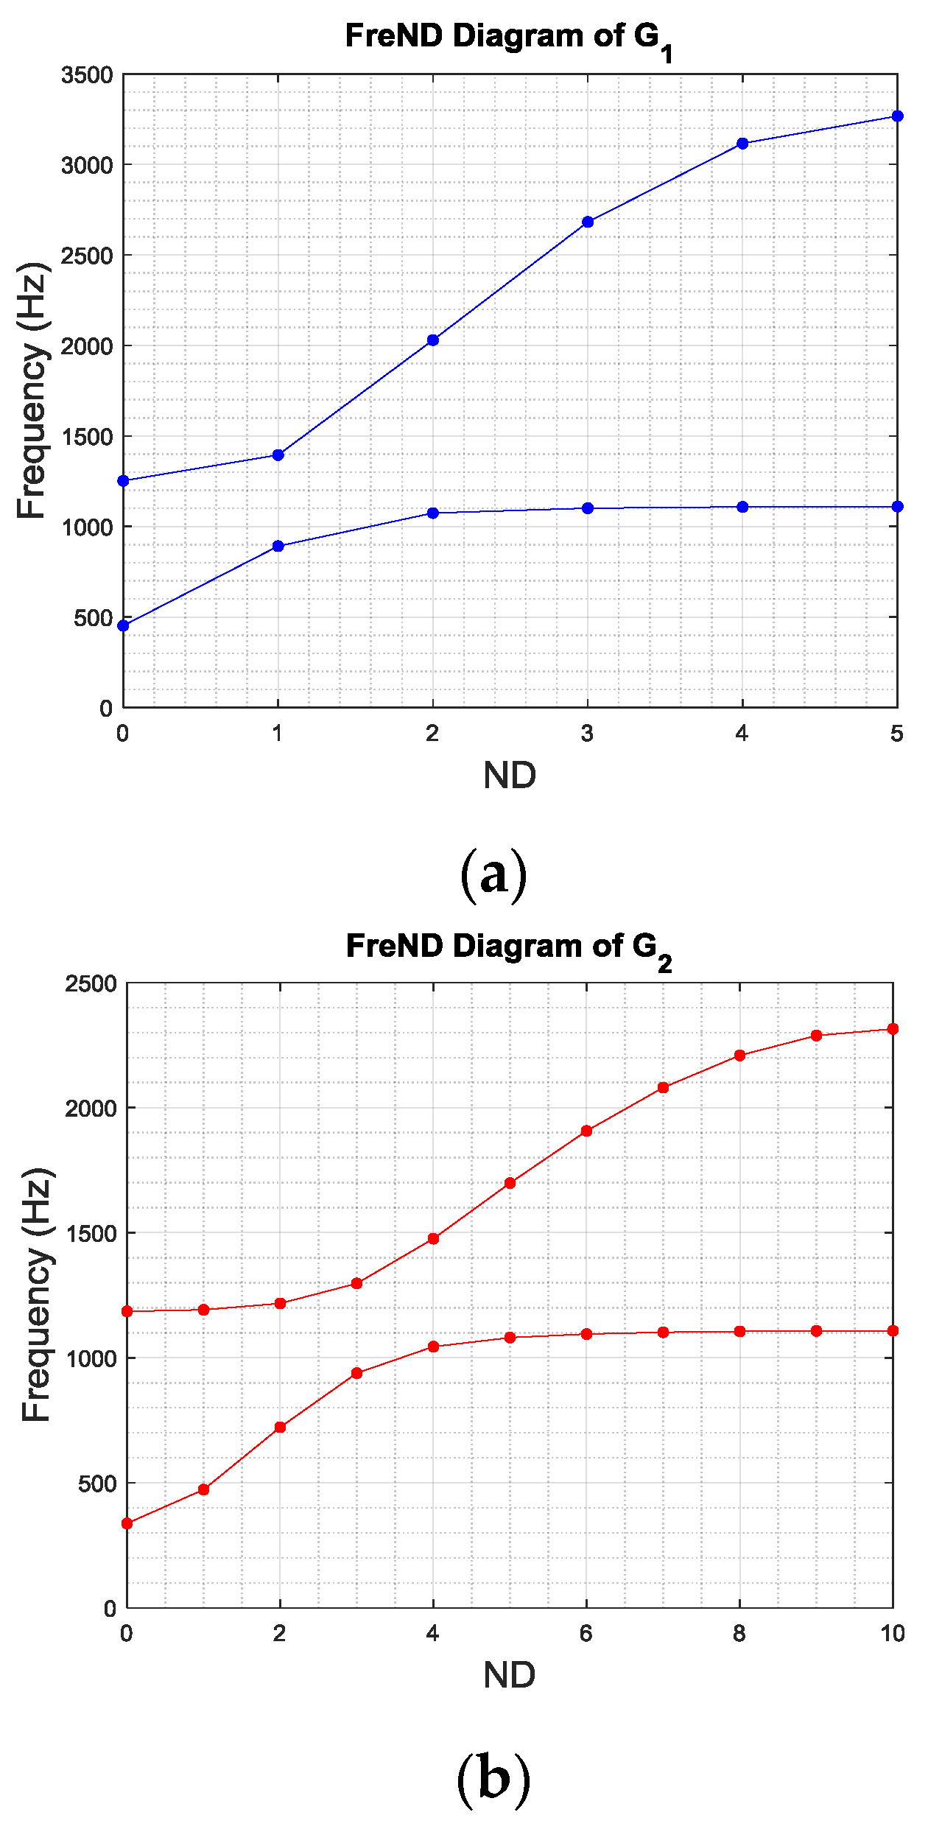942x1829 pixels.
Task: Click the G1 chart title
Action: pyautogui.click(x=508, y=38)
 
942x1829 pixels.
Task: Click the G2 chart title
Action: pyautogui.click(x=508, y=949)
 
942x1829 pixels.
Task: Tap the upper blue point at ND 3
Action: pyautogui.click(x=588, y=222)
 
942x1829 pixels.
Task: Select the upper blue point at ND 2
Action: pyautogui.click(x=433, y=340)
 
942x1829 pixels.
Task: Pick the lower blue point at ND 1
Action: pyautogui.click(x=278, y=546)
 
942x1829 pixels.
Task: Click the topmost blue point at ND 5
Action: pyautogui.click(x=897, y=116)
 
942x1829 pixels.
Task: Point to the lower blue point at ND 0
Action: pyautogui.click(x=124, y=625)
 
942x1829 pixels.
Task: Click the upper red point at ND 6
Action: pyautogui.click(x=586, y=1131)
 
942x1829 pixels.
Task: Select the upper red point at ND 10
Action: pyautogui.click(x=893, y=1029)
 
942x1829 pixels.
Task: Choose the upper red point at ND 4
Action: pyautogui.click(x=433, y=1239)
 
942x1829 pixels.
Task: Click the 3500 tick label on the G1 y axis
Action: pyautogui.click(x=87, y=75)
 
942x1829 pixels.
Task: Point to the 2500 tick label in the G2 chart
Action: pyautogui.click(x=91, y=984)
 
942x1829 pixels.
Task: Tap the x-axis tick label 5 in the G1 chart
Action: pyautogui.click(x=896, y=734)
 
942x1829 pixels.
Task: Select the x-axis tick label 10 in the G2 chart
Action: pyautogui.click(x=893, y=1634)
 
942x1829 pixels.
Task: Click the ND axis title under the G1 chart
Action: pyautogui.click(x=510, y=775)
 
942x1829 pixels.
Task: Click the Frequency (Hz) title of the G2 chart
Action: pyautogui.click(x=37, y=1294)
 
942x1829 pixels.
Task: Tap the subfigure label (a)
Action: pyautogui.click(x=493, y=875)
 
